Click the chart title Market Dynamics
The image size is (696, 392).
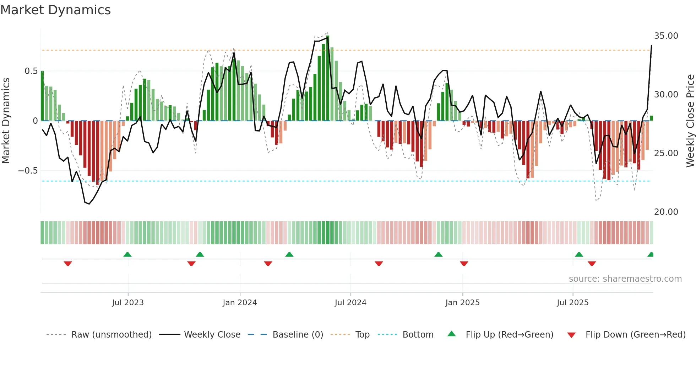[x=55, y=10]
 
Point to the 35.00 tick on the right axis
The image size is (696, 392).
[x=666, y=36]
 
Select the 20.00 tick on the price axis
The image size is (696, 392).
[x=666, y=212]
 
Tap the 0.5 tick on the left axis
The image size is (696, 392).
[x=31, y=71]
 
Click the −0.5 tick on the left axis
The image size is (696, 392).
[x=28, y=171]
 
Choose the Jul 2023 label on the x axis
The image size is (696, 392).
[x=128, y=303]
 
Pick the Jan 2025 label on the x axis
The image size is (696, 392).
[x=462, y=303]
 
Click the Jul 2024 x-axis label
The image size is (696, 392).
[x=350, y=303]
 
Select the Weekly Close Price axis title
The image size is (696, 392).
[x=690, y=121]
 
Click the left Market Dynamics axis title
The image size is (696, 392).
[x=6, y=121]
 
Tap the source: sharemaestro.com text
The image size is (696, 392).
[x=625, y=279]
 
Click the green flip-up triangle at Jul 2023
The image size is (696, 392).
[x=127, y=254]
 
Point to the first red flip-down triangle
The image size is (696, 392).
[x=68, y=264]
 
